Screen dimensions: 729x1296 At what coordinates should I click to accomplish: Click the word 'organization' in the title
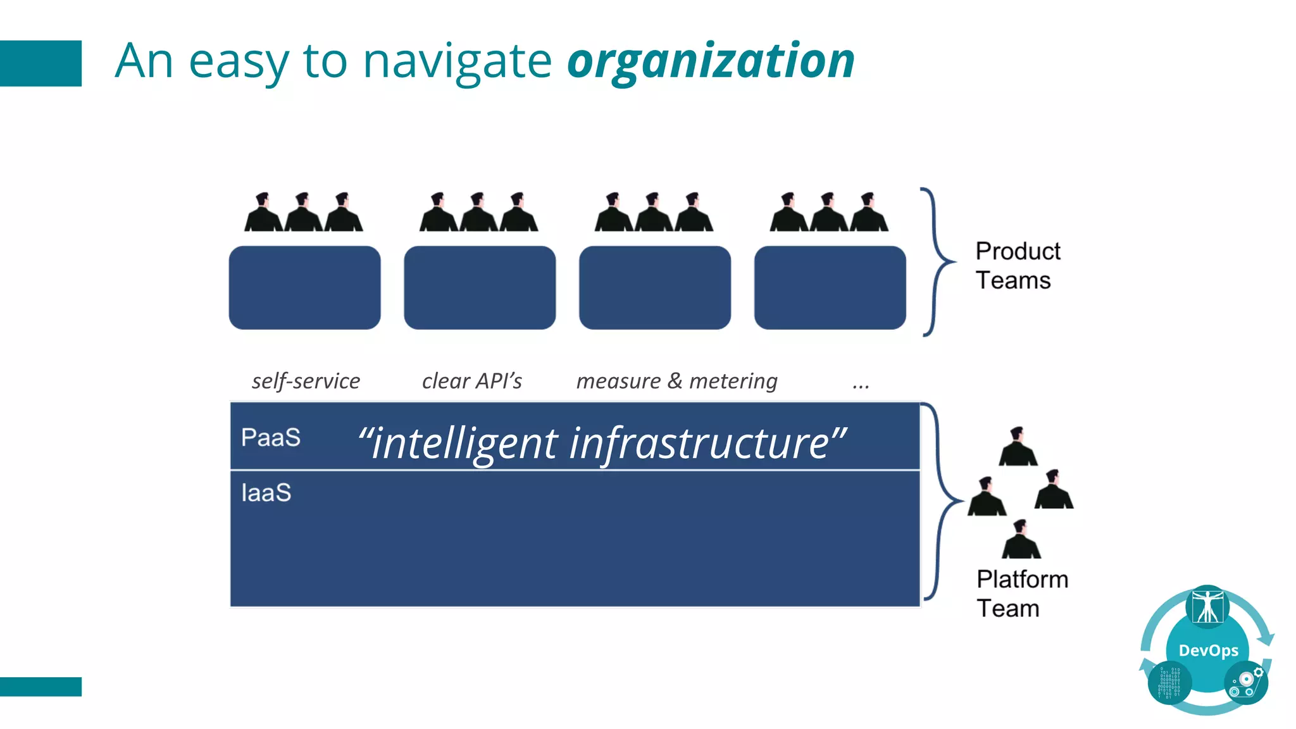pos(711,62)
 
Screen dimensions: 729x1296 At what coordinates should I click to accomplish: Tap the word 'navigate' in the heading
pos(457,62)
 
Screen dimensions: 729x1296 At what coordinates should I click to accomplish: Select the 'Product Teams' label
pos(1017,266)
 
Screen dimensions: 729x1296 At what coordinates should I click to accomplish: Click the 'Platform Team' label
pos(1021,594)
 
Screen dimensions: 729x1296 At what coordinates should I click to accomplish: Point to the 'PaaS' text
pos(271,438)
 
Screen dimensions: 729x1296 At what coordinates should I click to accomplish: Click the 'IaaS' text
pos(266,493)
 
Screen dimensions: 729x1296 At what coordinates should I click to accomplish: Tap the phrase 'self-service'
pos(306,381)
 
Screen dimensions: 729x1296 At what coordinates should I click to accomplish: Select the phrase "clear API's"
pos(472,381)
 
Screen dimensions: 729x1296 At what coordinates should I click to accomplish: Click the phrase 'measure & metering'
pos(676,381)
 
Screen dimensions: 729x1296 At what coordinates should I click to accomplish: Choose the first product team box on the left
pos(304,288)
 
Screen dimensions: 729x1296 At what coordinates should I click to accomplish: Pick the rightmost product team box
pos(830,288)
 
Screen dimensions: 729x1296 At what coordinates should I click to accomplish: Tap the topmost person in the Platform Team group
pos(1018,448)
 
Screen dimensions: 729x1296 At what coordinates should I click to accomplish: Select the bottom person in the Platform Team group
pos(1021,540)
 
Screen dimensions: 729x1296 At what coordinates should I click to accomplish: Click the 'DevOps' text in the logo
pos(1208,651)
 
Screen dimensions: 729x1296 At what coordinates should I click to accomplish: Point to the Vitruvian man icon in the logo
pos(1207,607)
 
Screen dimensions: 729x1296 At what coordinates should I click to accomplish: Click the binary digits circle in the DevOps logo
pos(1169,683)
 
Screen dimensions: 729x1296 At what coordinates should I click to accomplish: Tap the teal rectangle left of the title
pos(40,63)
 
